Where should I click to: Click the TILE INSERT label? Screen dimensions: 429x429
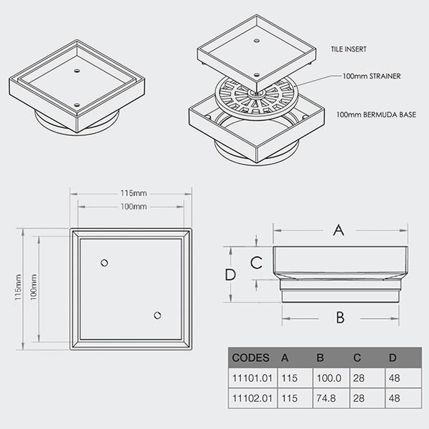click(x=349, y=49)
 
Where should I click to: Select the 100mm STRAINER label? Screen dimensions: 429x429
click(x=372, y=76)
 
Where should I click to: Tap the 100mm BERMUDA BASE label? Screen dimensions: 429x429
click(x=376, y=114)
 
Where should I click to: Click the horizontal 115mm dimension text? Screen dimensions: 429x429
click(x=134, y=193)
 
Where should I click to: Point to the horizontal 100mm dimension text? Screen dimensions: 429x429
click(x=134, y=207)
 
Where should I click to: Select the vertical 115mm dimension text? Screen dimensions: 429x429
click(x=18, y=287)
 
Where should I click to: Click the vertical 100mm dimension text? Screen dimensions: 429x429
click(x=34, y=287)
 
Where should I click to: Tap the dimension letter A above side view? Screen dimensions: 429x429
click(x=339, y=230)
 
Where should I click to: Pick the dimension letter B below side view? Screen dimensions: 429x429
click(x=340, y=317)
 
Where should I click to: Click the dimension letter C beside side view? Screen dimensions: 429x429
click(x=257, y=263)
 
